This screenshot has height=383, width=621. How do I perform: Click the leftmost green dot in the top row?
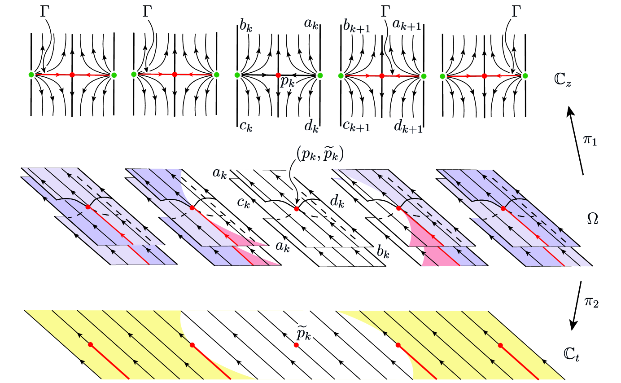(x=31, y=75)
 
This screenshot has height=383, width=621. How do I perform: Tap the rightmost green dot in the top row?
(x=525, y=76)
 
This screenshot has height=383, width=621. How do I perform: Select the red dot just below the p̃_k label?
(x=296, y=345)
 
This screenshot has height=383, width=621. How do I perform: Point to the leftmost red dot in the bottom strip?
(x=91, y=344)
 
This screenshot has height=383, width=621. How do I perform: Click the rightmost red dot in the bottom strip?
(x=500, y=345)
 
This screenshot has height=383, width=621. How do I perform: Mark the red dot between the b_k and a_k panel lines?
(x=278, y=75)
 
